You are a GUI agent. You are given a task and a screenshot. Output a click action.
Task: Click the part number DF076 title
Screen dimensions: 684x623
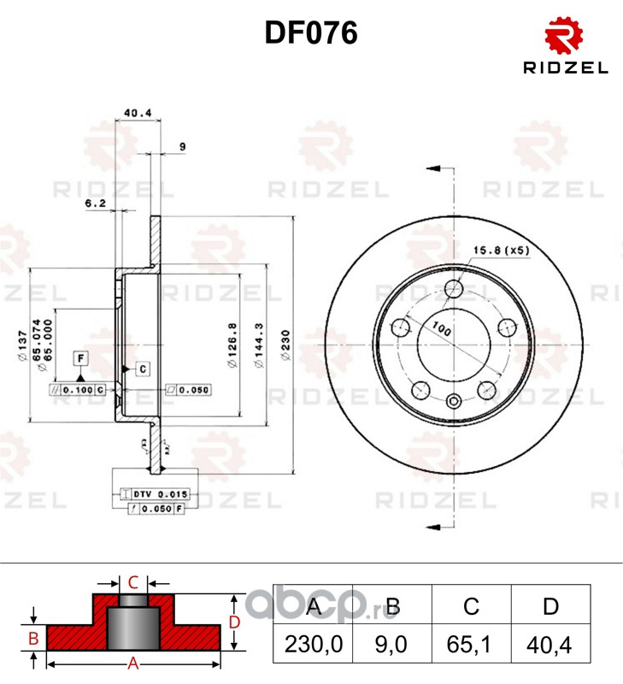click(x=310, y=33)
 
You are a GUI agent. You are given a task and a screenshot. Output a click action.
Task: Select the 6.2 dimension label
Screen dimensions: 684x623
click(x=95, y=203)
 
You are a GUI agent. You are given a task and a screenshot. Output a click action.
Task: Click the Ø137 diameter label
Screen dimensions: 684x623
click(x=23, y=345)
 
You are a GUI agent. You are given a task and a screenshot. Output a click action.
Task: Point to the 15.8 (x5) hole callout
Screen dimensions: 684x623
click(x=503, y=250)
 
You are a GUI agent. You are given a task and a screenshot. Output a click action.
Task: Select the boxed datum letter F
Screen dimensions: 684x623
click(x=79, y=357)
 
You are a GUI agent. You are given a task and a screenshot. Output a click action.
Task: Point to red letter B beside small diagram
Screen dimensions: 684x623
click(x=32, y=638)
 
